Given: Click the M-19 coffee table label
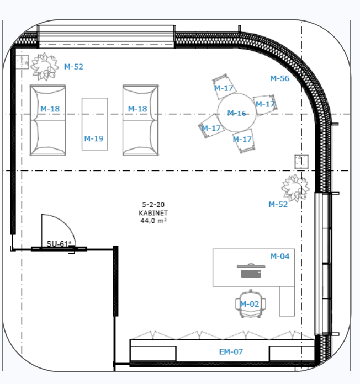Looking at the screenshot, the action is point(94,138).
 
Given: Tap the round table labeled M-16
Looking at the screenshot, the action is point(237,113).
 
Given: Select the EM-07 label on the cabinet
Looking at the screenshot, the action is point(231,352).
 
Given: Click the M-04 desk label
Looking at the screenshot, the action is point(279,257).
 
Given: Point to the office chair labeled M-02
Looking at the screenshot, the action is point(251,303).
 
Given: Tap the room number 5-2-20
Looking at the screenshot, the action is point(153,205).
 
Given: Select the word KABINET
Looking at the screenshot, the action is point(153,213).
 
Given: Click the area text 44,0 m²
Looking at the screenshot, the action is point(153,221).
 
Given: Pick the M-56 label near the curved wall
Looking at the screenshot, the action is point(279,78).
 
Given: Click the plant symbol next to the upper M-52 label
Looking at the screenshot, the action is point(45,66).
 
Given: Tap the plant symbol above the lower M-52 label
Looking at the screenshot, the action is point(295,188).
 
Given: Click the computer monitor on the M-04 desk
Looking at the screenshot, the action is point(251,271).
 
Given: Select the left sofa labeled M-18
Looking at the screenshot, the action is point(47,120).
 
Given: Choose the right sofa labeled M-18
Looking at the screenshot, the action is point(140,120).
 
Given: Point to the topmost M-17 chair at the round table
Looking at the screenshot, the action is point(224,87).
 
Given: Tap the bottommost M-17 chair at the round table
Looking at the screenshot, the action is point(243,141).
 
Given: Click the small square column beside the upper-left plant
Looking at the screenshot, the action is point(22,62).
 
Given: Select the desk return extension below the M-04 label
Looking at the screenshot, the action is point(287,301).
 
